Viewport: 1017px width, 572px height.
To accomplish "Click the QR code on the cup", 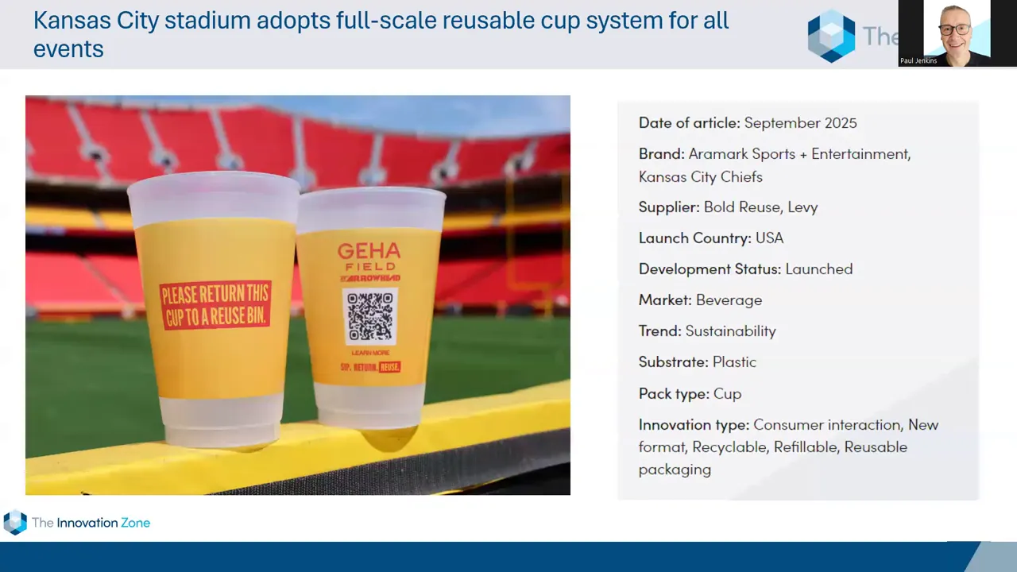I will (x=369, y=315).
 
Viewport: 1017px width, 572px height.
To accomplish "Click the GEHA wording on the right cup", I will (x=369, y=252).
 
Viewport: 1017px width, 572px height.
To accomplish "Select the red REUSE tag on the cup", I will (x=389, y=367).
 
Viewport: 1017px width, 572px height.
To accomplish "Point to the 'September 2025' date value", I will (x=800, y=123).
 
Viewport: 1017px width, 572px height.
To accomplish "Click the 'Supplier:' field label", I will (x=669, y=207).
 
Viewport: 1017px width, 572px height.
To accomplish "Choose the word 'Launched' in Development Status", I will (x=818, y=269).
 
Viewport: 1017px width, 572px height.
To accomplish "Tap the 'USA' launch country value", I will (x=769, y=238).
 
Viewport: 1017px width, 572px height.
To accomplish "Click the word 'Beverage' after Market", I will (x=729, y=300).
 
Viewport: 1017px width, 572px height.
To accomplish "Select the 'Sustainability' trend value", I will (x=730, y=331).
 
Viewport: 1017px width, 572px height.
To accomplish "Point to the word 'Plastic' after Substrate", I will (x=734, y=362).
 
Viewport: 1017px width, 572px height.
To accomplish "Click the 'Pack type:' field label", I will (x=674, y=394).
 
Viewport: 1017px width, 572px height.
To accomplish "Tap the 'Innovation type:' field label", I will (x=694, y=425).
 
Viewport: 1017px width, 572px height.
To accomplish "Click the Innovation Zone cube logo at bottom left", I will (x=15, y=522).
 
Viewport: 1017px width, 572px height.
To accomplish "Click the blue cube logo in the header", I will (x=831, y=36).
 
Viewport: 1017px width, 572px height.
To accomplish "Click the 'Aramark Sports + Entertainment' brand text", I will (x=799, y=154).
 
